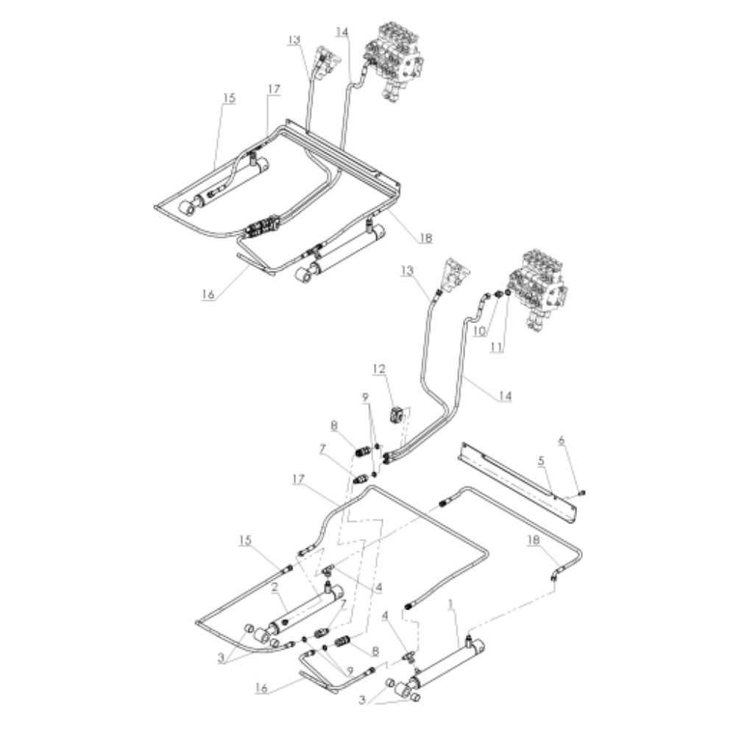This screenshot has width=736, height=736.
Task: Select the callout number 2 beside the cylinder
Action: [273, 588]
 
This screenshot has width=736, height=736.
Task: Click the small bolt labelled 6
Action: [581, 492]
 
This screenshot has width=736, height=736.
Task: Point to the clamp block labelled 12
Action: [397, 416]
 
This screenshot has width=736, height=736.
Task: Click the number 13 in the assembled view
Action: [295, 40]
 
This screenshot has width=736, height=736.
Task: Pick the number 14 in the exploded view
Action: [503, 396]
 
